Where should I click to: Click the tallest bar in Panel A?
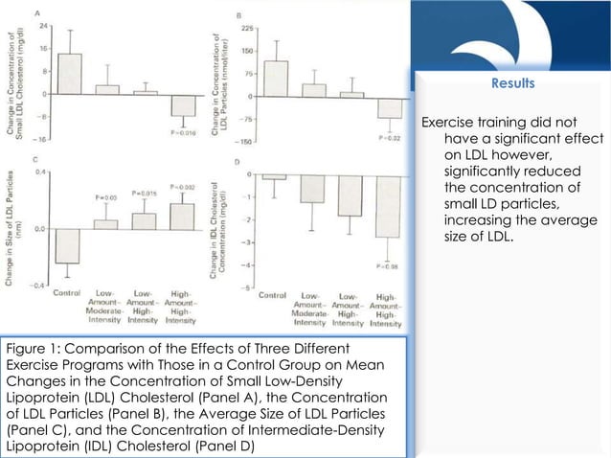[x=68, y=73]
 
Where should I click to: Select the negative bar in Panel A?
[x=183, y=104]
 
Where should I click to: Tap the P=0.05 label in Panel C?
[x=105, y=196]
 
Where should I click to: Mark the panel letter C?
[x=37, y=159]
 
